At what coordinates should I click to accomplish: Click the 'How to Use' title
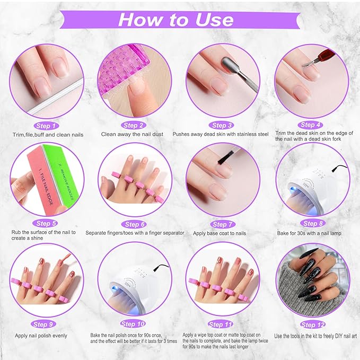click(175, 20)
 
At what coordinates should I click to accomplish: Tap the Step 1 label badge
click(47, 126)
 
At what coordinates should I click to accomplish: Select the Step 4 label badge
click(311, 125)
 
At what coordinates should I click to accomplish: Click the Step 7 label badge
click(223, 224)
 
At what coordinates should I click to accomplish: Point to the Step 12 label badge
click(311, 324)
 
